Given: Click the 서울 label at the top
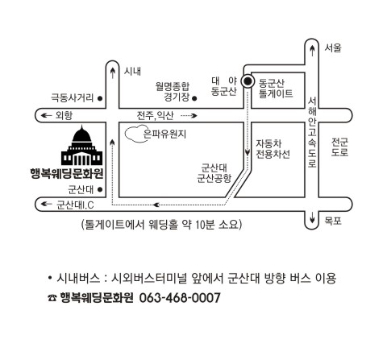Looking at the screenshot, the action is click(x=333, y=48).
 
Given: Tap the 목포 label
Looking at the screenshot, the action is click(x=333, y=221).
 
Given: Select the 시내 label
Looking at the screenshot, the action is click(x=132, y=71).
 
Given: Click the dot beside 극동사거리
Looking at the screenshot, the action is click(x=100, y=98).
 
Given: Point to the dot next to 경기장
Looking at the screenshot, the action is click(x=194, y=98).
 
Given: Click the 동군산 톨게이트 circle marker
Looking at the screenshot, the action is click(x=248, y=81).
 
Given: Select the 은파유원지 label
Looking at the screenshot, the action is click(x=164, y=134).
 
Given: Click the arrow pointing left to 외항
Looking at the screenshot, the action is click(x=46, y=115).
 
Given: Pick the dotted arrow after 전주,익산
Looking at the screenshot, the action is click(x=189, y=116).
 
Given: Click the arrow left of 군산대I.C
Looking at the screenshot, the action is click(x=46, y=204).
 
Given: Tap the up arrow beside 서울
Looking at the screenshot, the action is click(x=312, y=51).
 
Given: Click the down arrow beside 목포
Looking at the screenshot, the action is click(x=312, y=217).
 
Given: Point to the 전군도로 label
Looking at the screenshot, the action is click(x=339, y=147).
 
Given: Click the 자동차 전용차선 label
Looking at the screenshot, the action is click(x=273, y=149).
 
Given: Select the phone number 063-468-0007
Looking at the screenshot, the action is click(x=180, y=298).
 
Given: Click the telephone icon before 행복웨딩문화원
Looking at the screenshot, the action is click(x=52, y=298).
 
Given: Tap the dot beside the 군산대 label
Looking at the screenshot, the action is click(x=100, y=190).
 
